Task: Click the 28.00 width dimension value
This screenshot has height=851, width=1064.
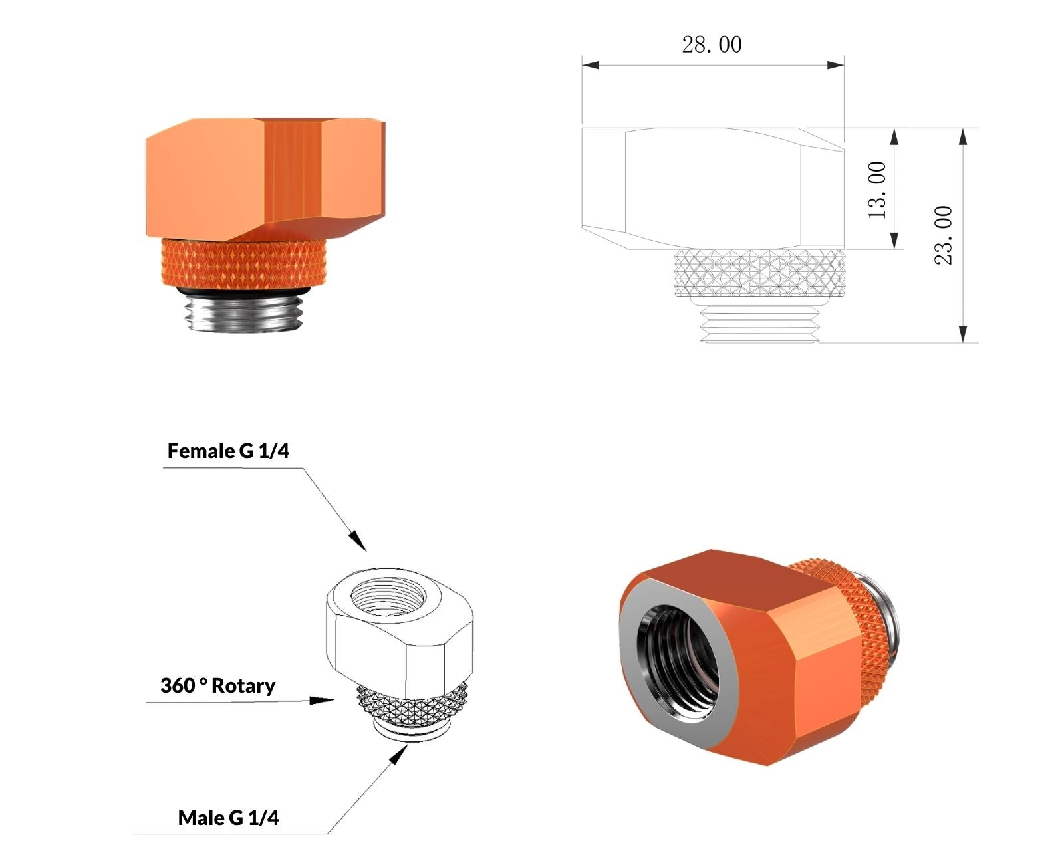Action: click(x=712, y=45)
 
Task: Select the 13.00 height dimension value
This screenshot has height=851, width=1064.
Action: click(x=878, y=190)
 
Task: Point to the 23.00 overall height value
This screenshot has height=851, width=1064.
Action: click(x=944, y=235)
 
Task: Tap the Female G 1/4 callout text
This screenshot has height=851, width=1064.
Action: click(x=228, y=451)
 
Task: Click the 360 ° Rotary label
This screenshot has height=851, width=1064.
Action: click(x=217, y=686)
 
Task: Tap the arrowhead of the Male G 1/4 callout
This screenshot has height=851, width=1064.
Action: click(x=400, y=753)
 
